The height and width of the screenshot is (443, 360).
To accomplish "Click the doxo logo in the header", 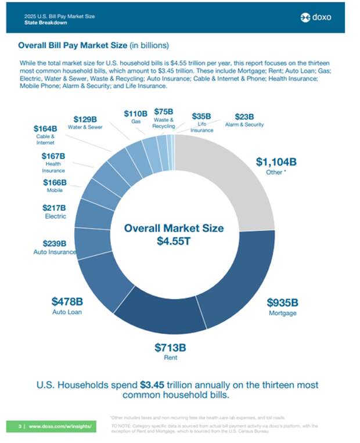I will [x=316, y=17].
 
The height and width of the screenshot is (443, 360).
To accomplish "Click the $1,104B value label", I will [x=276, y=162].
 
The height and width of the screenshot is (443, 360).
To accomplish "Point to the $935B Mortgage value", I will [x=282, y=302].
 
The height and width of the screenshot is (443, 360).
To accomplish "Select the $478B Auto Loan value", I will [x=67, y=301].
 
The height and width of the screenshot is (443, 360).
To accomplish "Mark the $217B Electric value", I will [x=54, y=207].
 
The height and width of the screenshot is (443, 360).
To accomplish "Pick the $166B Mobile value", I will [x=55, y=182].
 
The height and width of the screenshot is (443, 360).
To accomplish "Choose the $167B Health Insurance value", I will [x=53, y=156].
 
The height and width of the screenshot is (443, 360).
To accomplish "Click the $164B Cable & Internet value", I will [x=46, y=128].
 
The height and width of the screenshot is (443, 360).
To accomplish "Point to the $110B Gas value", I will [x=135, y=114].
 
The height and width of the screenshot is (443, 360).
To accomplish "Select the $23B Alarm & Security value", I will [x=244, y=116].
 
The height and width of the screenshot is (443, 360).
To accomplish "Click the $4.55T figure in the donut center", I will [x=174, y=241].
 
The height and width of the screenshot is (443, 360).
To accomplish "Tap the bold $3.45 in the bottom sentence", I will [x=153, y=384].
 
